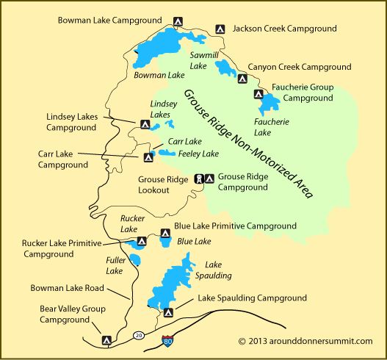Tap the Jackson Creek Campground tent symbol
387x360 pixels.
tap(220, 29)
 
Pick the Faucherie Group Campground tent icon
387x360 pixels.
tap(257, 93)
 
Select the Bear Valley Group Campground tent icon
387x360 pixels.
tap(106, 340)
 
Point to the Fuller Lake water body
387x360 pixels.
tap(136, 261)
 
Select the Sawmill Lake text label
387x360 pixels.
tap(199, 60)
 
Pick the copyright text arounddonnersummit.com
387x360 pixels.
tap(305, 341)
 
